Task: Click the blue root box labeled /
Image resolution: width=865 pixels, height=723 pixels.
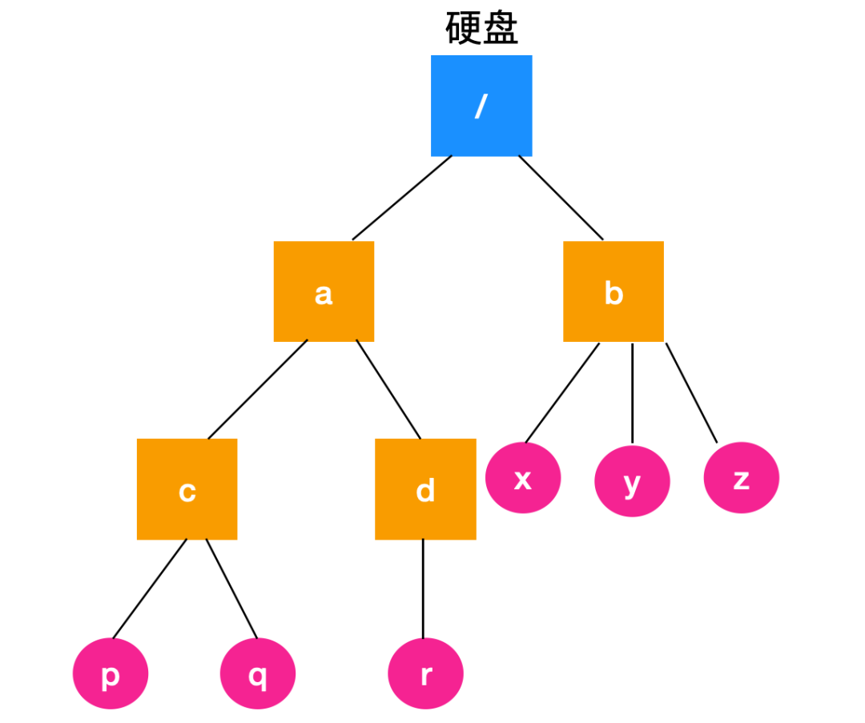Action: point(481,106)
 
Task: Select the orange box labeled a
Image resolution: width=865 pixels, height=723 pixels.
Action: point(324,291)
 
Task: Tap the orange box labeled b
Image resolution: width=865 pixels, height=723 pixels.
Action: point(614,291)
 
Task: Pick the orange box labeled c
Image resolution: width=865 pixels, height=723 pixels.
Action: point(187,488)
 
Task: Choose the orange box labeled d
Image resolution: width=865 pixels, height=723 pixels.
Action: point(425,488)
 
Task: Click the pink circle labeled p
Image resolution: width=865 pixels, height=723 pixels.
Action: point(111,673)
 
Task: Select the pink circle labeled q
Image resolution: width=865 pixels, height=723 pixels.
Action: point(258,673)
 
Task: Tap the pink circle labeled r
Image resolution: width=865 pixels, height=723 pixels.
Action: point(425,673)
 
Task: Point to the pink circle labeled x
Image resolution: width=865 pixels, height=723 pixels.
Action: point(523,478)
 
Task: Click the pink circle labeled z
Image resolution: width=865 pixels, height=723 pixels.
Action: point(741,478)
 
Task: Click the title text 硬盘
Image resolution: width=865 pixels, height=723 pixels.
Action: point(481,29)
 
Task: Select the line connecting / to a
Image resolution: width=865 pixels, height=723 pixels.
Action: point(401,198)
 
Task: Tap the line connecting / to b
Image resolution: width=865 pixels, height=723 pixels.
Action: point(561,198)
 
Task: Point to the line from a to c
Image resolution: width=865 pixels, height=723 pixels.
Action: point(257,390)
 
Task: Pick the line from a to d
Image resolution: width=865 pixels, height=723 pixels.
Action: point(388,390)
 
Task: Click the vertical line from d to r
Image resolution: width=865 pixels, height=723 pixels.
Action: point(423,588)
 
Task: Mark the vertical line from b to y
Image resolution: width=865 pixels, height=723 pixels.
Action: point(633,392)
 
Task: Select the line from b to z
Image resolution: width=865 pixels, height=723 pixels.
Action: point(691,392)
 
